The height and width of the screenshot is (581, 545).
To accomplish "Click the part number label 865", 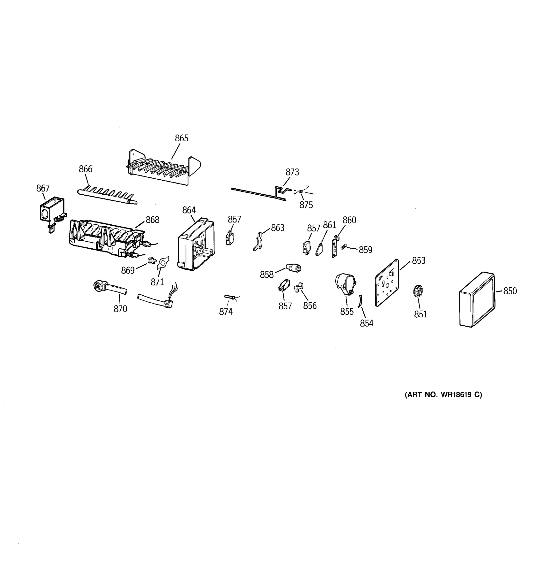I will tap(182, 138).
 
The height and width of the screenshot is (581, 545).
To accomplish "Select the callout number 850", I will tap(510, 291).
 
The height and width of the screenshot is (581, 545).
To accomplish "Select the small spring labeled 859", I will tap(344, 247).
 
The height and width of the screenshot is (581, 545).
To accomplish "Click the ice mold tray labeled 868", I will tap(105, 238).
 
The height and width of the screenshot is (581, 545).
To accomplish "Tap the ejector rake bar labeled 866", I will tap(107, 196).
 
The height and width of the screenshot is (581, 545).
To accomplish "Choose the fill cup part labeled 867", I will tap(52, 211).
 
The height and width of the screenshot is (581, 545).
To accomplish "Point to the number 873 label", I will tap(292, 172).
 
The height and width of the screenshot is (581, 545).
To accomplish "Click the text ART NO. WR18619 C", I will tap(443, 395).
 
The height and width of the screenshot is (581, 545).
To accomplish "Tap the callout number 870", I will tap(120, 309).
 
